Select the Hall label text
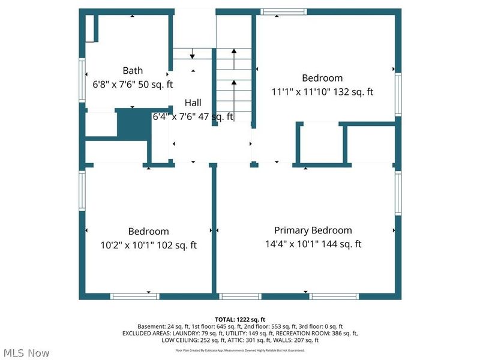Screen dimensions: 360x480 (x=193, y=103)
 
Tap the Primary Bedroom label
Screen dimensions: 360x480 (x=313, y=230)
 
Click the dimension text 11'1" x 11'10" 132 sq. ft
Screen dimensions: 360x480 (x=322, y=92)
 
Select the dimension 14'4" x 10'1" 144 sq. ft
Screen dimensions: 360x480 (x=313, y=244)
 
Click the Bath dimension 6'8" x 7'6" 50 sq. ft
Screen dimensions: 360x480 (x=132, y=85)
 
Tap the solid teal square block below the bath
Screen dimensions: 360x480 (x=132, y=125)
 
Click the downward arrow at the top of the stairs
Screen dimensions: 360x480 (x=192, y=54)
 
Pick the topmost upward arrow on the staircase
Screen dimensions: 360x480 (x=234, y=54)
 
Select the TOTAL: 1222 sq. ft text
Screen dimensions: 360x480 (x=240, y=319)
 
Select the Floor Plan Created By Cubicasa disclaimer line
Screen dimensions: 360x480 (x=240, y=350)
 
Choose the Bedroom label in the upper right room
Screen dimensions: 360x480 (x=322, y=78)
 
